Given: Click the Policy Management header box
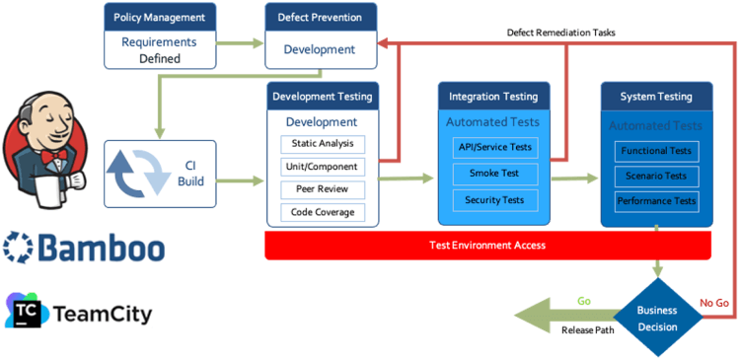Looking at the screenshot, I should coord(159,17).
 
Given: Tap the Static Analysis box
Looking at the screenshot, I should coord(322,144).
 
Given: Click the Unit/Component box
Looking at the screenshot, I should coord(322,167).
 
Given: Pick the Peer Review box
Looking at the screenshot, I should coord(322,189).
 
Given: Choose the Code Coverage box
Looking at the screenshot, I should coord(322,212).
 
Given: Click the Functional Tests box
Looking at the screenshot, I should coord(657,151).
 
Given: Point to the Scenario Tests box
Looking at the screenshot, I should coord(657,176).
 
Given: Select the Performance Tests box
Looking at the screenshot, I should coord(657,201).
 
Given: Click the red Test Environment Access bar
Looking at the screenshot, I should coord(487,246).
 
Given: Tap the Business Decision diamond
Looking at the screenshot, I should coord(657,317).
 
